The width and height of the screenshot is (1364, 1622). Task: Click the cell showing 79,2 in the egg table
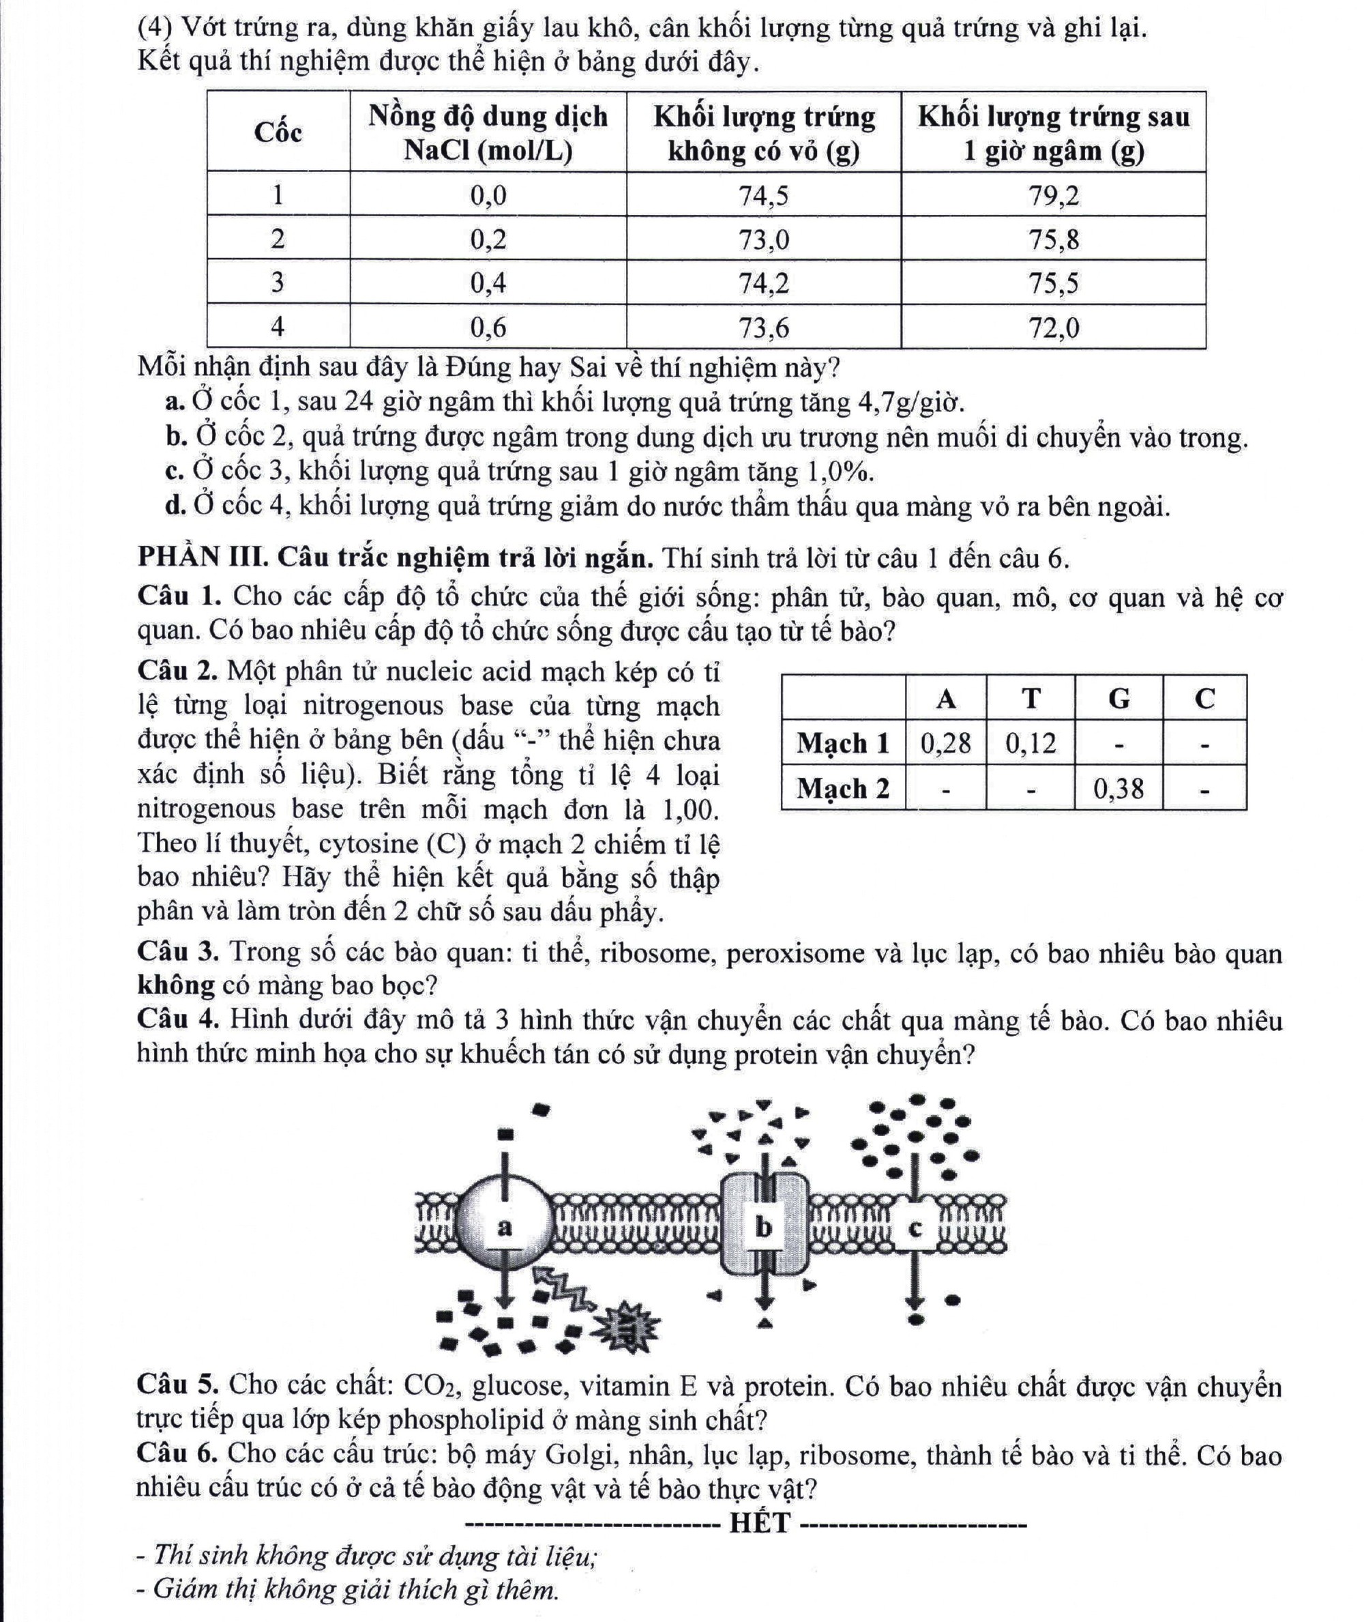click(x=1053, y=196)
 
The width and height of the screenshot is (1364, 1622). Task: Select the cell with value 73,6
click(x=764, y=328)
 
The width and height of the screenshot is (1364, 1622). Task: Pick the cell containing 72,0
click(x=1053, y=328)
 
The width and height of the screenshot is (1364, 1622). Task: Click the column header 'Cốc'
click(x=278, y=132)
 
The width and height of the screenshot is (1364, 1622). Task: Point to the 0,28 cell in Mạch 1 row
click(x=946, y=743)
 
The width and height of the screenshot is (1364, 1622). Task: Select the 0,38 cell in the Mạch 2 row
click(x=1118, y=788)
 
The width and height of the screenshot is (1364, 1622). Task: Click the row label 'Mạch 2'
click(x=843, y=788)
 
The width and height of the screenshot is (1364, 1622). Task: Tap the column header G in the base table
click(x=1118, y=699)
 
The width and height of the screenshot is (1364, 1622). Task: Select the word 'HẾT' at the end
click(x=761, y=1522)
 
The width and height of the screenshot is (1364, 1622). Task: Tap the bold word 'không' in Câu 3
click(x=175, y=985)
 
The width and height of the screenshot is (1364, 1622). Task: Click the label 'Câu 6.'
click(x=179, y=1453)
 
